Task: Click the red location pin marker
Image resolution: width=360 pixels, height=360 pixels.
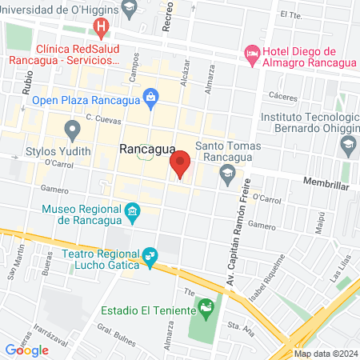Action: pos(181,165)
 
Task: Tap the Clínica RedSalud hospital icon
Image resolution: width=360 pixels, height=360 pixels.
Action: pos(102,29)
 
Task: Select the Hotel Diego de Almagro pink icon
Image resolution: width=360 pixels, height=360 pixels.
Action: pos(253,54)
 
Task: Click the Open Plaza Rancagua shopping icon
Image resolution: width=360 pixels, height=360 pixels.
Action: pos(150,98)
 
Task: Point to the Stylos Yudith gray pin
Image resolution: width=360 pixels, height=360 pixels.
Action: pos(74,129)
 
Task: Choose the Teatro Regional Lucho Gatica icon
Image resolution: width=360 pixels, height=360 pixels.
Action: pos(149,257)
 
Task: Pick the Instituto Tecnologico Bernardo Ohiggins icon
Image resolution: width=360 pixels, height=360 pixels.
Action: pos(348,145)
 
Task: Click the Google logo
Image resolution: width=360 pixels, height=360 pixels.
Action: pos(26,350)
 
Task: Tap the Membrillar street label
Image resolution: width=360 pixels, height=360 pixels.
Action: pos(326,183)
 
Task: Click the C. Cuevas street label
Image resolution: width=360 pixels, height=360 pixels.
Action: pos(102,118)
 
